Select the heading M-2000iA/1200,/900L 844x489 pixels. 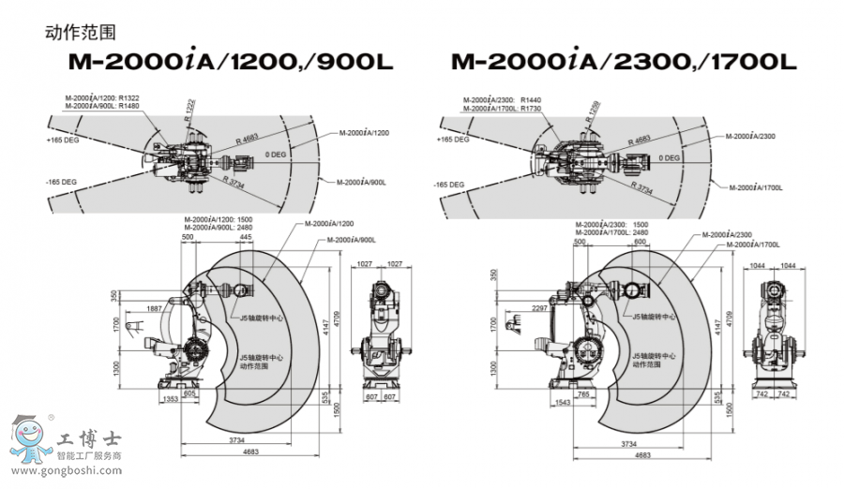[x=230, y=63]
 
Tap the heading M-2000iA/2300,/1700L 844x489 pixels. [x=623, y=63]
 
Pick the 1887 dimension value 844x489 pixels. [x=155, y=308]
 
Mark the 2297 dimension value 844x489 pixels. [x=539, y=308]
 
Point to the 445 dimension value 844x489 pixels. [x=246, y=239]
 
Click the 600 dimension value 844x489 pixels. [x=641, y=241]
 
